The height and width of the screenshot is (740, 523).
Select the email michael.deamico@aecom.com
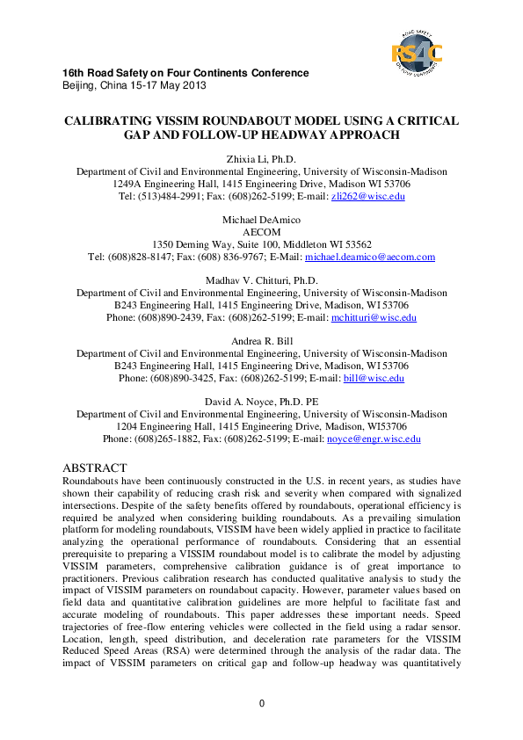(369, 257)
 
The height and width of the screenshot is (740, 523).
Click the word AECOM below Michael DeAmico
(261, 233)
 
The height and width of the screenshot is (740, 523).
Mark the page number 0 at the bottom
(261, 703)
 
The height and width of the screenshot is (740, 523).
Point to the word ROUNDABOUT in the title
(274, 121)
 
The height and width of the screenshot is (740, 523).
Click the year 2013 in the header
(192, 85)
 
